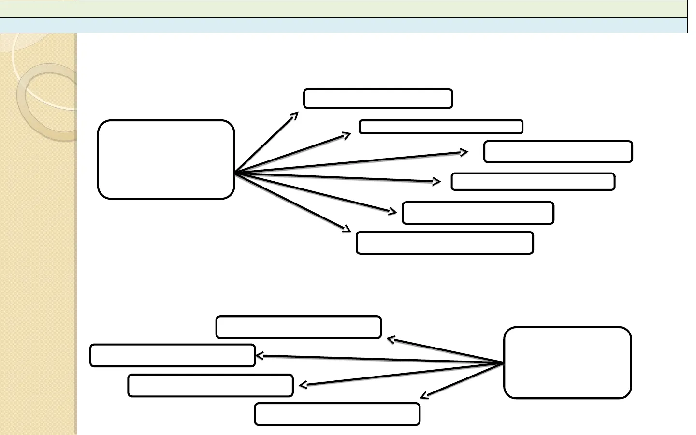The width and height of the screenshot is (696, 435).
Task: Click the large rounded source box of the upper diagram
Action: [x=166, y=159]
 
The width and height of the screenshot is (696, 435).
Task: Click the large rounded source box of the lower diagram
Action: [x=567, y=362]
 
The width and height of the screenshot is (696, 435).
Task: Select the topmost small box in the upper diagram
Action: [x=378, y=99]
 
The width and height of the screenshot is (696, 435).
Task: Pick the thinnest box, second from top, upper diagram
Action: [x=441, y=127]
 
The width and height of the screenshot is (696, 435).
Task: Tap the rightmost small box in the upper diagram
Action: [x=558, y=152]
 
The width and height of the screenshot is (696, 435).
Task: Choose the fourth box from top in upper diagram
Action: [x=533, y=182]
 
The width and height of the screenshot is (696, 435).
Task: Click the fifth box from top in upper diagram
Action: [x=478, y=213]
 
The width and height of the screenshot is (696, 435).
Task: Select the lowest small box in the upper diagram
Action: [x=445, y=243]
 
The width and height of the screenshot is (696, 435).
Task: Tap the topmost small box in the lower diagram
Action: [x=299, y=327]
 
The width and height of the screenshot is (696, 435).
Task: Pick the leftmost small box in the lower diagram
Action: [x=173, y=355]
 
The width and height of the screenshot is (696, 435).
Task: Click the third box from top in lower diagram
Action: [x=210, y=385]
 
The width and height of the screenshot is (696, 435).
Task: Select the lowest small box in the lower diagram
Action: [x=337, y=414]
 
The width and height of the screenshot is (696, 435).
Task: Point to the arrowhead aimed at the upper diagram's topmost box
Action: [x=296, y=115]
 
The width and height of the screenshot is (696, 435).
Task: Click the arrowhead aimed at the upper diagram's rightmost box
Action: [x=465, y=152]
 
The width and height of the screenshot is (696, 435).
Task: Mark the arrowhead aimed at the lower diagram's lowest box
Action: [x=423, y=396]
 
